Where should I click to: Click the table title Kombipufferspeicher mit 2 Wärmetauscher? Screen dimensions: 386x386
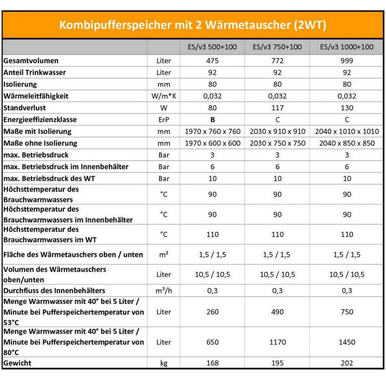193,25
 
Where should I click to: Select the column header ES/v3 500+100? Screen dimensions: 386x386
212,47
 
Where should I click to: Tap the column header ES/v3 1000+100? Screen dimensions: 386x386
347,47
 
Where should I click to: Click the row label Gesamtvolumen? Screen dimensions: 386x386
31,61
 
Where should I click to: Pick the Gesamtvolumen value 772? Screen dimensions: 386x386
277,61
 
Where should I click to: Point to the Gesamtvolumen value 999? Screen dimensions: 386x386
347,61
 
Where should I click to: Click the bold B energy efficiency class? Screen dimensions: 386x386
212,119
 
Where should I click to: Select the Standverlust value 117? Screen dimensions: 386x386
277,107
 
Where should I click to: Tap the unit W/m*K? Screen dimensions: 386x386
164,96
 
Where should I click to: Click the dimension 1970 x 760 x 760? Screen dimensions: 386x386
212,131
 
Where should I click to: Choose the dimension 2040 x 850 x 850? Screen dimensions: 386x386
347,143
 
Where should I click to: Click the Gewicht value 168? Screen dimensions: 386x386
212,363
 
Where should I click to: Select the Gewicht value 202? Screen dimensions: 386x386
347,363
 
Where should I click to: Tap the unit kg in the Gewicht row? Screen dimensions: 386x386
164,363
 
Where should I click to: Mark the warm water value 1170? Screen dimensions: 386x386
277,342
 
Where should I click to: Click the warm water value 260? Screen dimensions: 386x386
212,312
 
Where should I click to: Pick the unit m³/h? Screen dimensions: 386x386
164,291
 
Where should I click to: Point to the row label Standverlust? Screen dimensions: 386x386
25,107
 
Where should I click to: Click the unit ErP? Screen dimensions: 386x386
164,119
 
